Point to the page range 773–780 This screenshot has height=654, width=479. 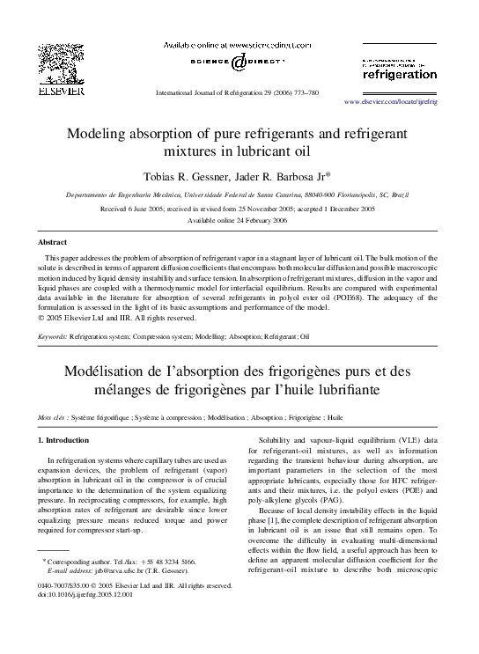coord(301,92)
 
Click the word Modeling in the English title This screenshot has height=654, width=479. coord(99,134)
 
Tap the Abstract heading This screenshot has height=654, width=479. coord(51,240)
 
